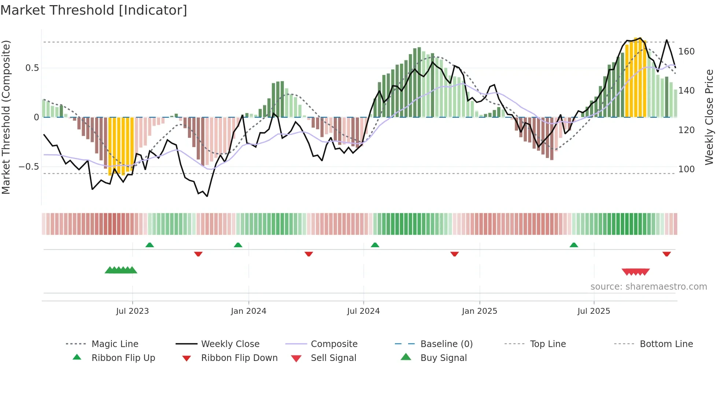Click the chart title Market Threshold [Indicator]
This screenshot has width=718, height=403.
point(94,10)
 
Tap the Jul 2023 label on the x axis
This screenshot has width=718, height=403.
point(132,311)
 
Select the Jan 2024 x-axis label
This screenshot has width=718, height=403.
point(248,311)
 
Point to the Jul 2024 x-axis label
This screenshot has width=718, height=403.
point(363,311)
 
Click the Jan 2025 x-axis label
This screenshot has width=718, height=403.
point(479,311)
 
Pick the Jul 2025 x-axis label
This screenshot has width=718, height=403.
point(593,311)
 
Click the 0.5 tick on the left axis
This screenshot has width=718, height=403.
point(32,68)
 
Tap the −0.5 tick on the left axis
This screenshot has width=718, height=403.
point(29,167)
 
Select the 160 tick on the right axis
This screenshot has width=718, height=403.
point(686,52)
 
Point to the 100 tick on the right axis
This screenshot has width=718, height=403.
point(686,169)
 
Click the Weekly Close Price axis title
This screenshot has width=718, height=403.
point(709,117)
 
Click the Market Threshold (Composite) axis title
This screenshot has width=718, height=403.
point(6,117)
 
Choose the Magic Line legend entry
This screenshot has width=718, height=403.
point(115,344)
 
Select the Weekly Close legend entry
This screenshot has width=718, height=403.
point(230,344)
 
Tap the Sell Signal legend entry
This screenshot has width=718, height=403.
point(333,358)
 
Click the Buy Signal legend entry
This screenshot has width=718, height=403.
point(443,358)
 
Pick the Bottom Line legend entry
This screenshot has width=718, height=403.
point(666,344)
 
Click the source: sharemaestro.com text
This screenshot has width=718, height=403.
point(648,287)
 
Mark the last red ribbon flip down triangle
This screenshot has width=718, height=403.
point(666,254)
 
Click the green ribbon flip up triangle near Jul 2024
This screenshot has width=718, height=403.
point(375,245)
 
